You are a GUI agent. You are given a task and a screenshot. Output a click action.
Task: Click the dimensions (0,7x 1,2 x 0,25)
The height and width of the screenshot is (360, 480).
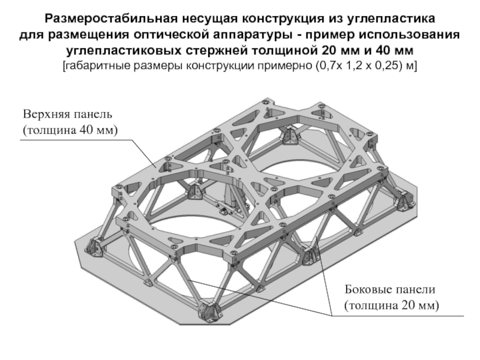pyautogui.click(x=353, y=65)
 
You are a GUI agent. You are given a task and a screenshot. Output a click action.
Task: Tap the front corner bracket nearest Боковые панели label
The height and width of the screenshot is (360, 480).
pyautogui.click(x=311, y=253)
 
